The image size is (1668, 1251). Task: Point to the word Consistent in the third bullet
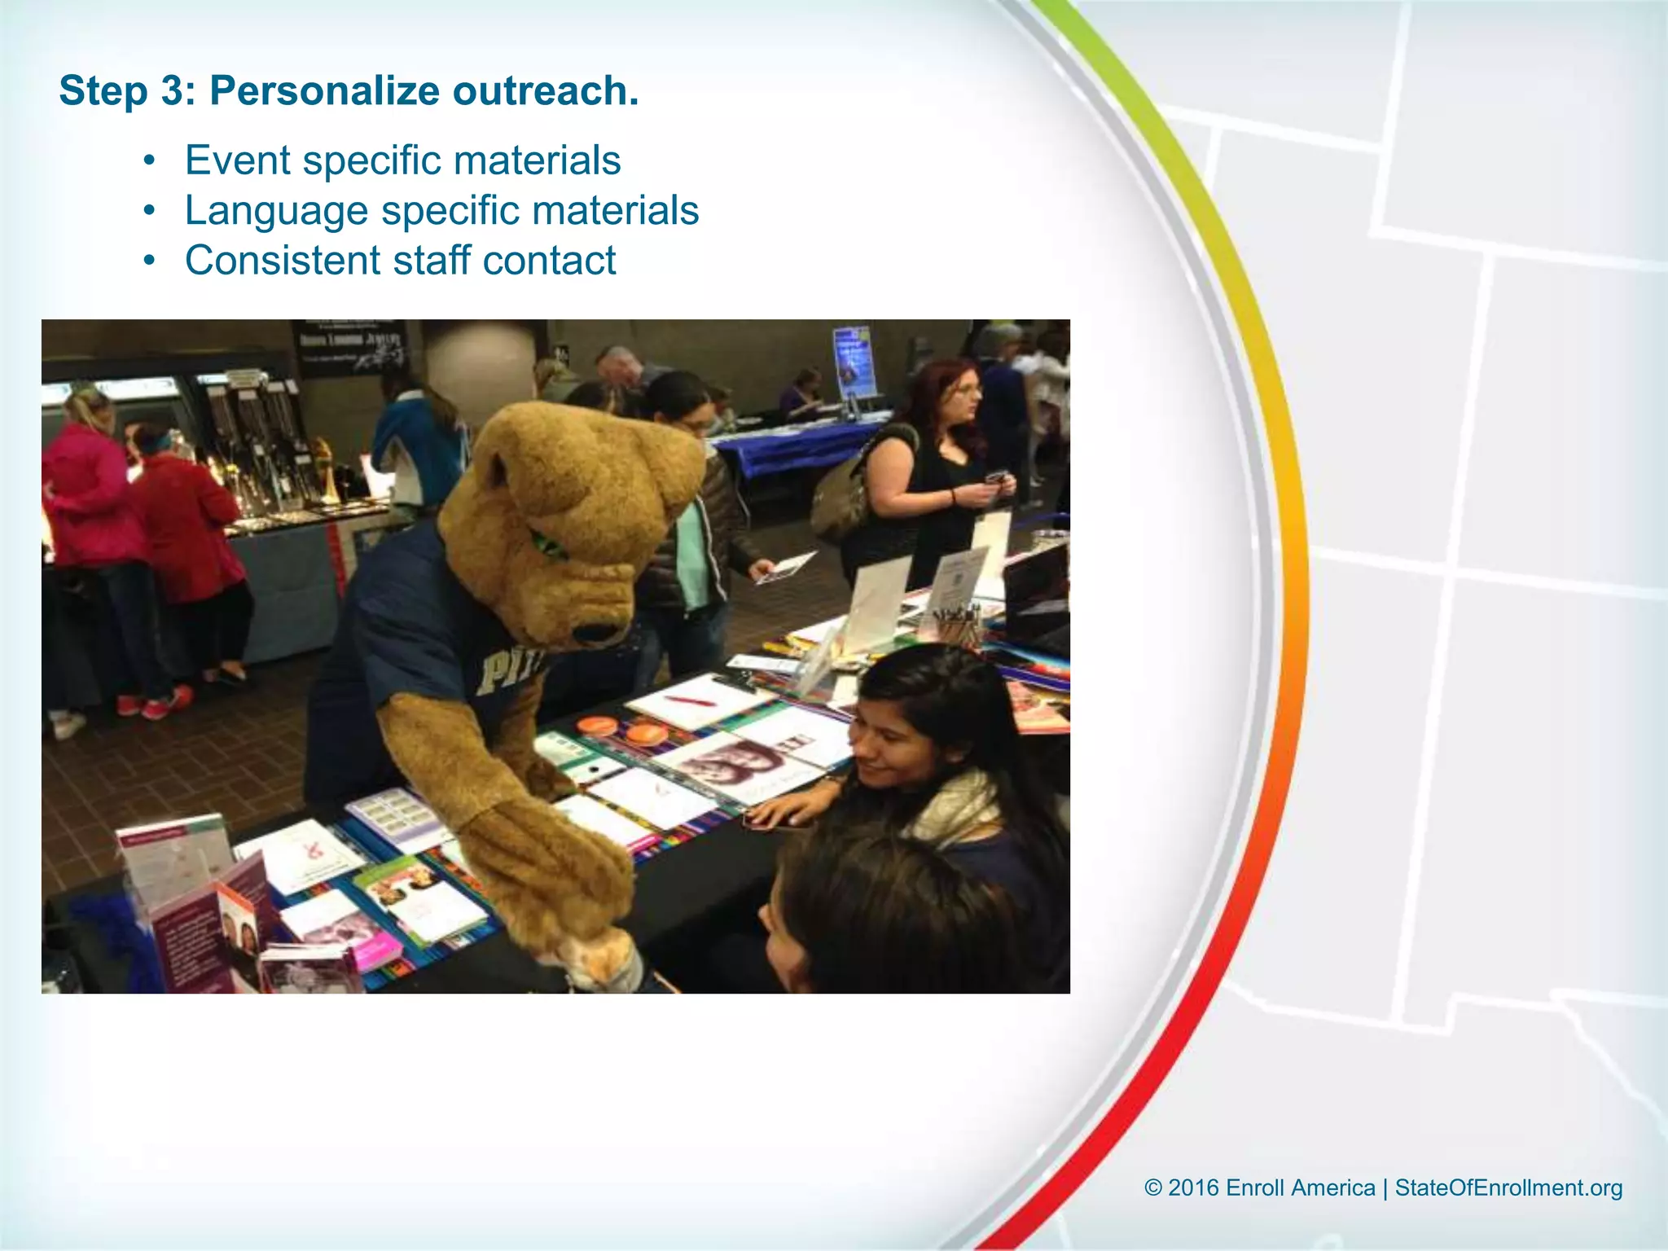pos(282,261)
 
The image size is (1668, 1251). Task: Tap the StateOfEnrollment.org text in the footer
pos(1508,1187)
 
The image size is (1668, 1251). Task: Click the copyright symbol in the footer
pos(1153,1187)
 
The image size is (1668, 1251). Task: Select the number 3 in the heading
pos(173,90)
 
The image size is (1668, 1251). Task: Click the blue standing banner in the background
pos(852,362)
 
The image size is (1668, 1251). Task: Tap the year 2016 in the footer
pos(1193,1187)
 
